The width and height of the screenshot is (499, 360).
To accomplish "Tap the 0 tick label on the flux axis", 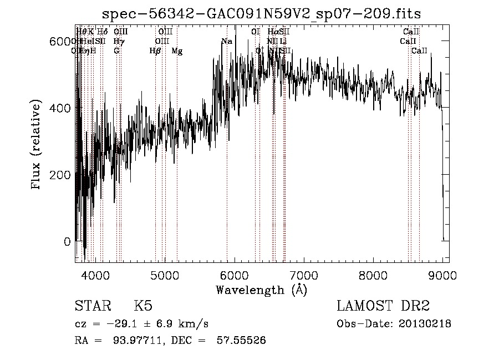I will (67, 242).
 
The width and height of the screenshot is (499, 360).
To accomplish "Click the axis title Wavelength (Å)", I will (261, 290).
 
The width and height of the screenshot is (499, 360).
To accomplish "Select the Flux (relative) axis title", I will (37, 145).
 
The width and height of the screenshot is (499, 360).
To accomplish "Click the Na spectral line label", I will (226, 42).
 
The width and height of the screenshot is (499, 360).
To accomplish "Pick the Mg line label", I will (177, 51).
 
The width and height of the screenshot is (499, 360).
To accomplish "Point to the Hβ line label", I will (155, 51).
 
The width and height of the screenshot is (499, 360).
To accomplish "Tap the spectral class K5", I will (143, 306).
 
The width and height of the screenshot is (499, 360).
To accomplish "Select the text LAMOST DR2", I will (383, 306).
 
